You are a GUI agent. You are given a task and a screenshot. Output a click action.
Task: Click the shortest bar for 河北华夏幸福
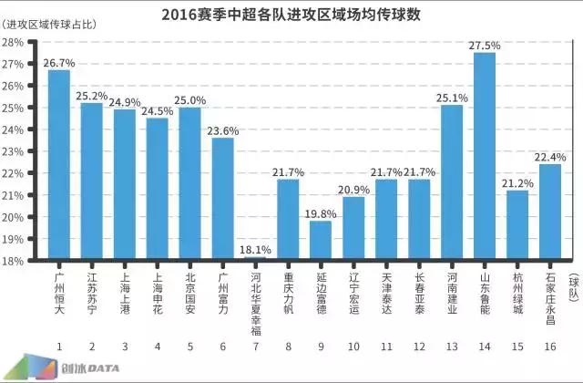256,259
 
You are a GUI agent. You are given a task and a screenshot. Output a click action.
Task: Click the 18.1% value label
256,249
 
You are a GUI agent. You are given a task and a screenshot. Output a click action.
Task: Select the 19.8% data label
322,213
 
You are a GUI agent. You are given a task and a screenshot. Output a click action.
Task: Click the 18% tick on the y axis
15,261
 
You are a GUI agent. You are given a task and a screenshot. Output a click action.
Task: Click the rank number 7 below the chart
256,347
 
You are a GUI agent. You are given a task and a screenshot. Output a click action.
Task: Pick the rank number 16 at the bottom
550,347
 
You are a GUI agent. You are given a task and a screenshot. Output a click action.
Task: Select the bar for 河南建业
453,183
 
